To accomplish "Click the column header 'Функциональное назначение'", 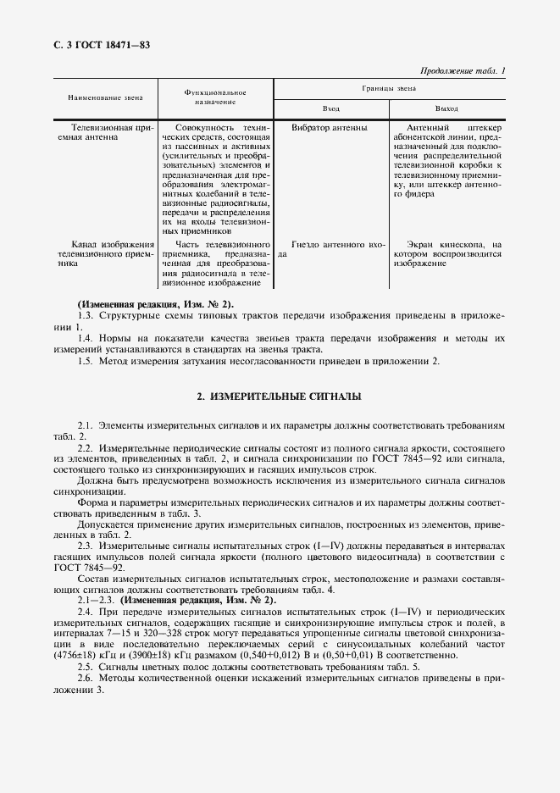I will (x=214, y=97).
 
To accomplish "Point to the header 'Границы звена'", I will (x=388, y=87).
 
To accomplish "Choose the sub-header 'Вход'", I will (x=331, y=108).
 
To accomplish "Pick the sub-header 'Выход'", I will (x=446, y=108).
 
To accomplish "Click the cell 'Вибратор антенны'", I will (x=329, y=127).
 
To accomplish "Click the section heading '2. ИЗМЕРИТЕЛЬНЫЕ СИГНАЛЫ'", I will (x=279, y=396).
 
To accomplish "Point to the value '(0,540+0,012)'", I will (x=314, y=655).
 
